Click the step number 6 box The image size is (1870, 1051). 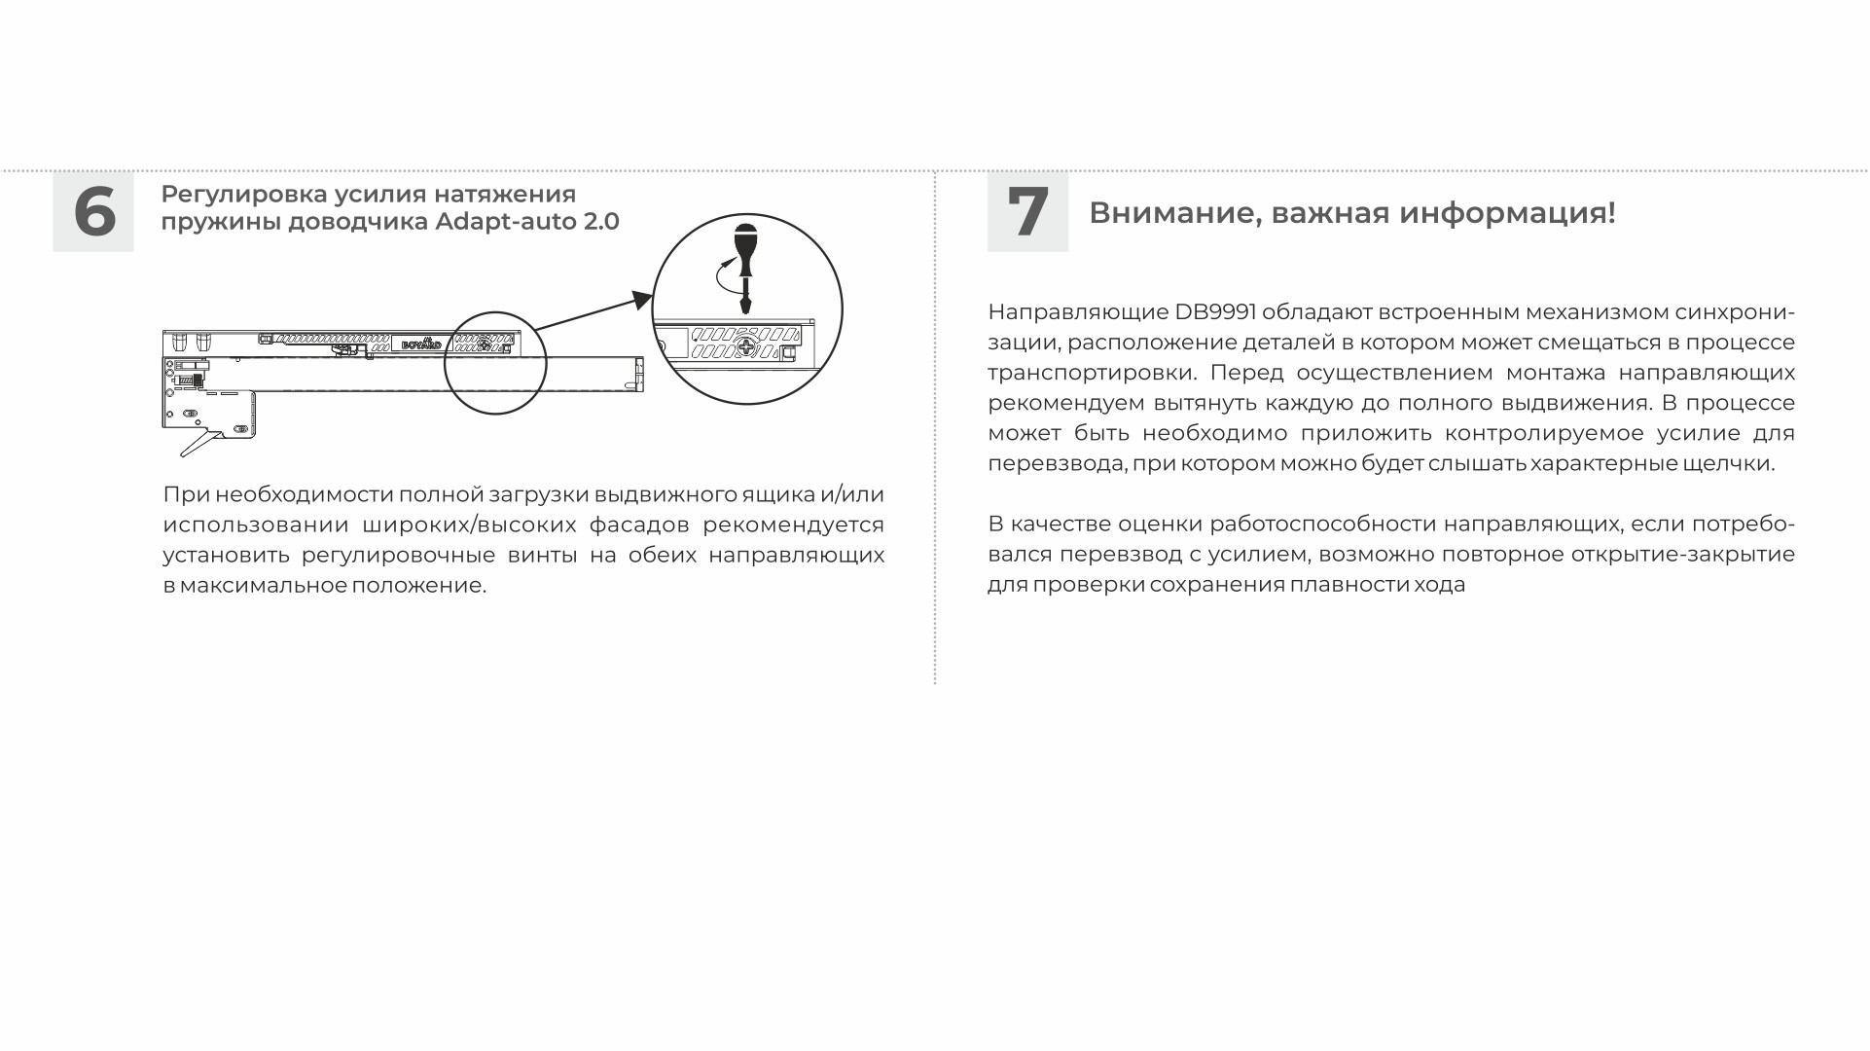pyautogui.click(x=93, y=211)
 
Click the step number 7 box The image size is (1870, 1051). pyautogui.click(x=1027, y=211)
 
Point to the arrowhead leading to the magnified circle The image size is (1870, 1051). pyautogui.click(x=641, y=299)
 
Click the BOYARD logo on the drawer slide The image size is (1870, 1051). pyautogui.click(x=421, y=344)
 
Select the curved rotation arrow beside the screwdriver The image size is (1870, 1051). pyautogui.click(x=722, y=276)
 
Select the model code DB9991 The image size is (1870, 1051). pyautogui.click(x=1215, y=312)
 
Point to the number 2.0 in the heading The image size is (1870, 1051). pyautogui.click(x=601, y=222)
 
